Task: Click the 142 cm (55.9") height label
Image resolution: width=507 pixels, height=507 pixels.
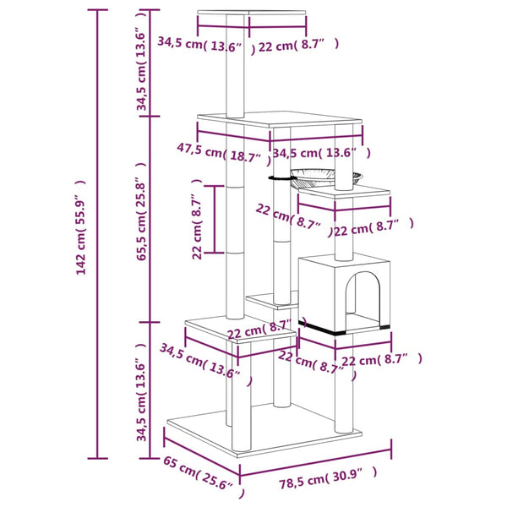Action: coord(82,235)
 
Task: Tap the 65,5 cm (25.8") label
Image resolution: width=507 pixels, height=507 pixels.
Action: coord(143,221)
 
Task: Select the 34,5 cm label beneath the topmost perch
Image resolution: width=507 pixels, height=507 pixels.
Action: coord(200,42)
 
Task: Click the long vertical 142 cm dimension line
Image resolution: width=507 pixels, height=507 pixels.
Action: coord(98,235)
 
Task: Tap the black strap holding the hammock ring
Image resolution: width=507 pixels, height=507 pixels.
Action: coord(278,177)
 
